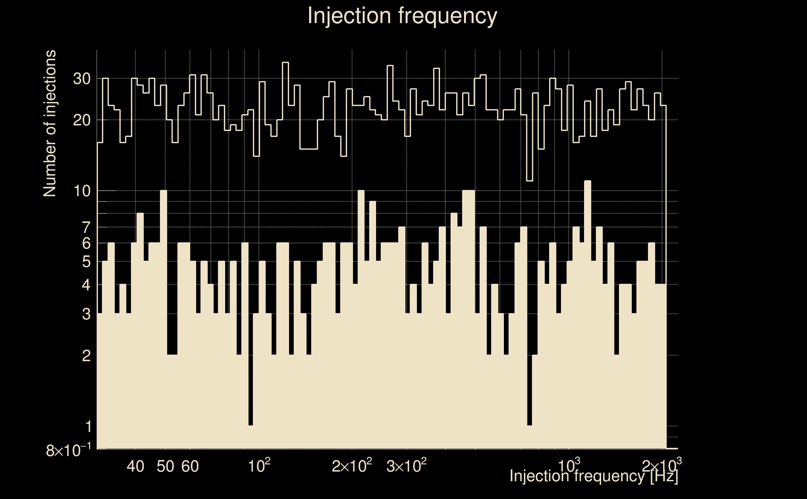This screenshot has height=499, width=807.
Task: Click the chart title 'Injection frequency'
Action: (x=402, y=16)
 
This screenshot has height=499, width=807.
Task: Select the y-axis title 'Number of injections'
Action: (x=50, y=124)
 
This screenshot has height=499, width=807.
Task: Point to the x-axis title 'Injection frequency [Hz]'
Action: (x=594, y=476)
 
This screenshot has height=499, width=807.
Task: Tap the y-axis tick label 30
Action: (x=81, y=79)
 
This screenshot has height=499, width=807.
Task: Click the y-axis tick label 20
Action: (x=81, y=121)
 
